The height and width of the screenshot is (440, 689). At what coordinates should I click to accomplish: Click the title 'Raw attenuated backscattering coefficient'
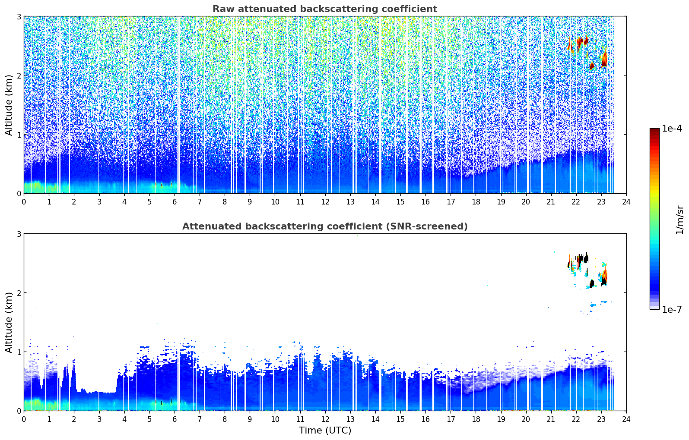tap(325, 9)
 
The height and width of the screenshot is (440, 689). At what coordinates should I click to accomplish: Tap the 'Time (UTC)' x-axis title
tap(325, 430)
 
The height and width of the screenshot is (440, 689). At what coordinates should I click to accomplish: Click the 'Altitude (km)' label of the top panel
tap(9, 105)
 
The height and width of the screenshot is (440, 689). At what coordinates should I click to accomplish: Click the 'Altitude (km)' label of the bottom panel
tap(9, 322)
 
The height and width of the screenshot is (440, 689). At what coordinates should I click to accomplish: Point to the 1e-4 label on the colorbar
tap(672, 129)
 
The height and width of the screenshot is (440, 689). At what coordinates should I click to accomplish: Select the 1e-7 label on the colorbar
tap(672, 309)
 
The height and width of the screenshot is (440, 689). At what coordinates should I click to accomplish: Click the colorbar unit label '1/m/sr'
tap(679, 220)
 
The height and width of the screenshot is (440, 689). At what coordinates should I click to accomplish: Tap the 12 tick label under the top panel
tap(325, 202)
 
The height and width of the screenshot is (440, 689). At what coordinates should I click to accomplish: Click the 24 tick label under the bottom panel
tap(626, 419)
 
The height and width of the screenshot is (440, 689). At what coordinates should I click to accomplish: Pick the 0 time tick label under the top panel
tap(24, 202)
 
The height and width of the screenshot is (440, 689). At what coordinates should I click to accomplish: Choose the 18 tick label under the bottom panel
tap(476, 419)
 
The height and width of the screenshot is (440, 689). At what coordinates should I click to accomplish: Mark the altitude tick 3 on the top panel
tap(19, 16)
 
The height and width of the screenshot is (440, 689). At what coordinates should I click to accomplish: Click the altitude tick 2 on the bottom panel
tap(19, 293)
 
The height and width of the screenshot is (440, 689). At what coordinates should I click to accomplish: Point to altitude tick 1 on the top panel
tap(19, 135)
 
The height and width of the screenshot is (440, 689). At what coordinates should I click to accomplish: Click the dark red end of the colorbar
tap(654, 130)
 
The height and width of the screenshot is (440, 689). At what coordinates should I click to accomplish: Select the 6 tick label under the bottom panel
tap(175, 419)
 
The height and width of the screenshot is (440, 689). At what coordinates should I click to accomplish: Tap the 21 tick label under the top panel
tap(551, 202)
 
